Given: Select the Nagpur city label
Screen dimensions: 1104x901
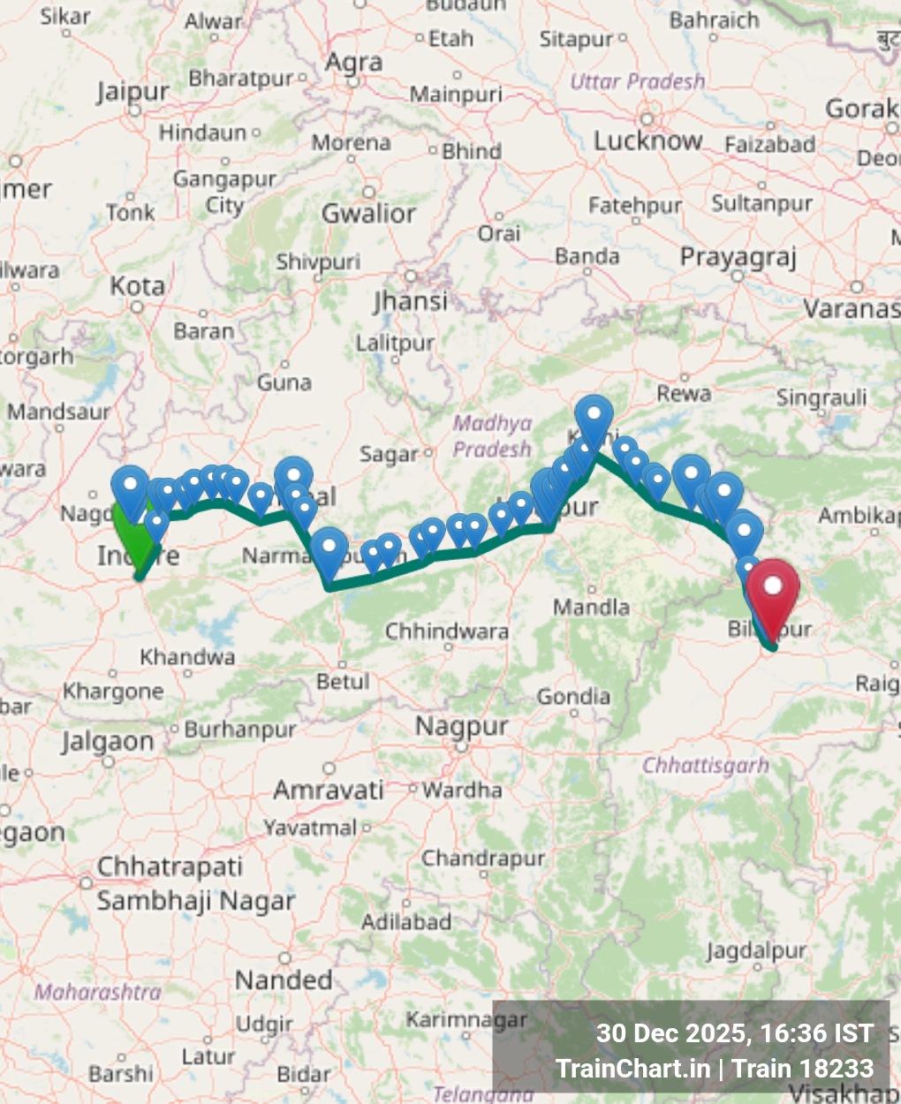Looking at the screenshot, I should coord(462,727).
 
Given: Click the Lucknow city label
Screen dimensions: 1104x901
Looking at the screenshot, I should coord(647,141).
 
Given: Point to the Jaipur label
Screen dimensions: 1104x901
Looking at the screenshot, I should coord(132,91).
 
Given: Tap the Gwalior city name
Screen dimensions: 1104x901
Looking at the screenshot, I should coord(368,213).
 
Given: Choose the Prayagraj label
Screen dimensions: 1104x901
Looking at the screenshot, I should coord(738,257).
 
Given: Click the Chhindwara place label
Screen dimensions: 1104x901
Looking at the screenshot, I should coord(447,631).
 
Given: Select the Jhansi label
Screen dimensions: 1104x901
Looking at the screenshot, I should coord(410,301).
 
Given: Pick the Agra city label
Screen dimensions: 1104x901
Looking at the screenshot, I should coord(353,63).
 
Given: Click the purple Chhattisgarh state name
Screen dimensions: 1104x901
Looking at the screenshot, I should coord(705,765).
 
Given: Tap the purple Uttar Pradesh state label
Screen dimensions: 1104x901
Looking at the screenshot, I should coord(638,82).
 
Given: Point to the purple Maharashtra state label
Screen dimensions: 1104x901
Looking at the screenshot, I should coord(97,993).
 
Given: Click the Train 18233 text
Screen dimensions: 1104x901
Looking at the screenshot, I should coord(803,1069).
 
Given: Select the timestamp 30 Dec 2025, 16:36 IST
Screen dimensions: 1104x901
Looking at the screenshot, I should coord(735,1033).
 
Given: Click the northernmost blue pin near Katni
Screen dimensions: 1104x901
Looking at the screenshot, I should coord(594,418).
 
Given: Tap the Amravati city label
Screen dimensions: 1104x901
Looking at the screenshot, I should coord(328,790).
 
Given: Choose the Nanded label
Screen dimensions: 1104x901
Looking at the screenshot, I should coord(284,980).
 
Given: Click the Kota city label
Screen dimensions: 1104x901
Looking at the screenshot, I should coord(137,286).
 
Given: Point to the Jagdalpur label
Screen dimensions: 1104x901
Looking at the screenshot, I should coord(756,951).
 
